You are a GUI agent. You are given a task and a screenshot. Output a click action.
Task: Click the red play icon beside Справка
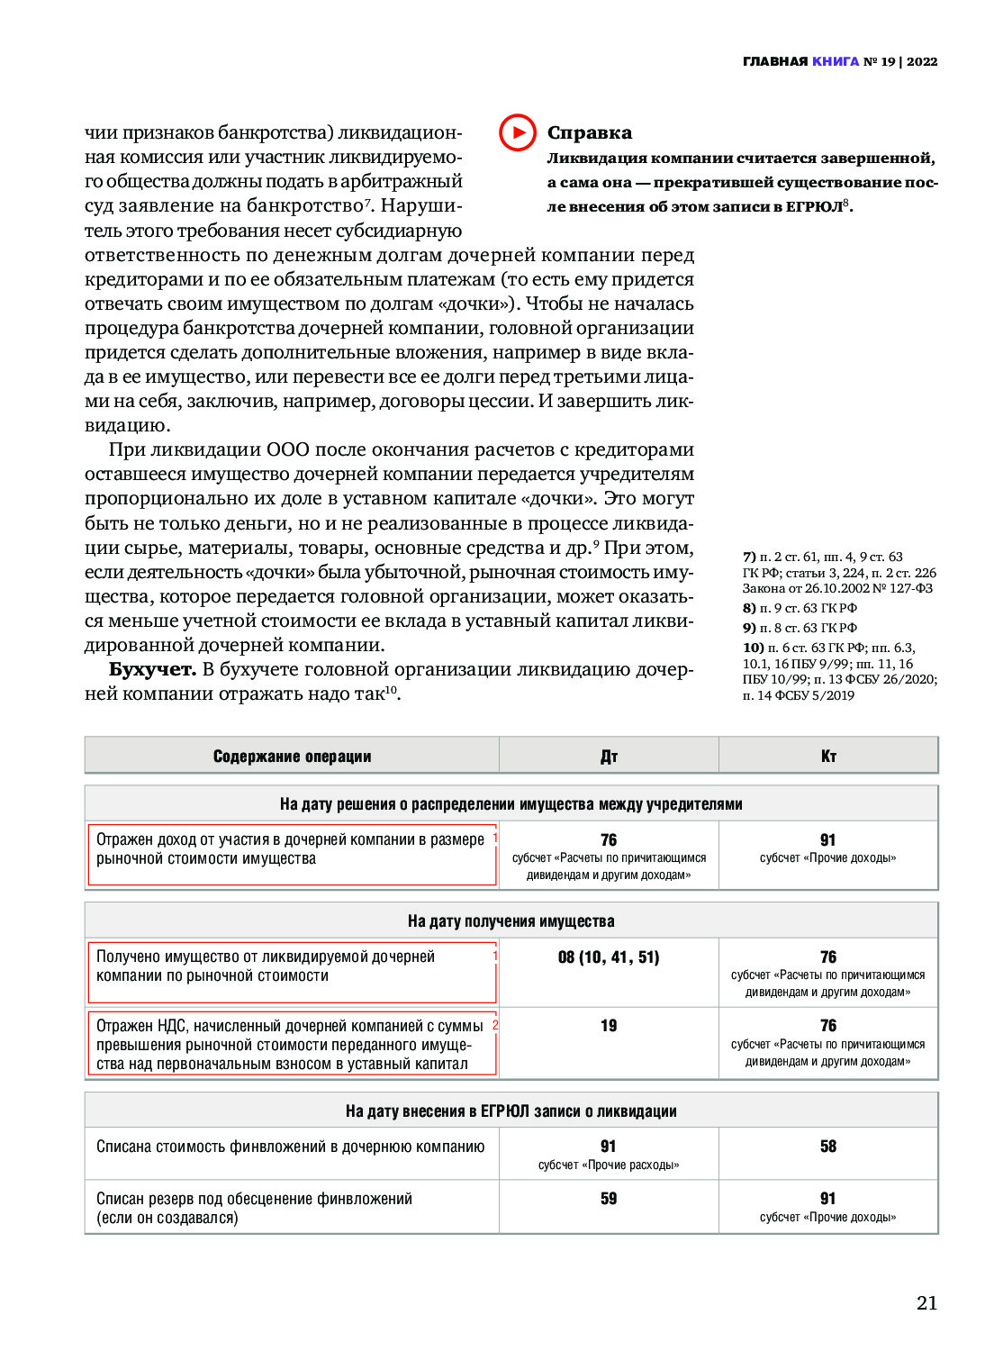(518, 132)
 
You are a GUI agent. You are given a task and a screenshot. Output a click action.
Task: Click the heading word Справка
(589, 133)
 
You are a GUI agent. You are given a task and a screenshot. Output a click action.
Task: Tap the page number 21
(926, 1302)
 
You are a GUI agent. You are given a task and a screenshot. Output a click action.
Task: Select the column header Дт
(609, 757)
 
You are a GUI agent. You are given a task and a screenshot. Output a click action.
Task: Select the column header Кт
(828, 757)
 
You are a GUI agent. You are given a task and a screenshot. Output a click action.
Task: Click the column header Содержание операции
(292, 757)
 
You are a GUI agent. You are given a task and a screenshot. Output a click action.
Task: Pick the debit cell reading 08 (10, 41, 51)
(609, 957)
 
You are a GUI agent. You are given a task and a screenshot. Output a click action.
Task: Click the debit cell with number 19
(609, 1026)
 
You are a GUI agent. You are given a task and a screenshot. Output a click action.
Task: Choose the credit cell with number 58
(828, 1147)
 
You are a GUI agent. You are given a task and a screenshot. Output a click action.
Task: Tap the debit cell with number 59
(609, 1199)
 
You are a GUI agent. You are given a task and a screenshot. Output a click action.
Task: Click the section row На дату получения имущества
(511, 921)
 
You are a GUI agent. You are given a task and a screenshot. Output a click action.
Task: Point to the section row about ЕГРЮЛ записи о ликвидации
(511, 1111)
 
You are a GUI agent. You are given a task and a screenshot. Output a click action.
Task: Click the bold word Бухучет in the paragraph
(152, 669)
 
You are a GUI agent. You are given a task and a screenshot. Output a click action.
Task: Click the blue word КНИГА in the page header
(835, 62)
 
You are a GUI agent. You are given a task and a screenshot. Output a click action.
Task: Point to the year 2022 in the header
(922, 62)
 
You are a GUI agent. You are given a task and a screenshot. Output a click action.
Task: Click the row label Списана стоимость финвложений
(290, 1147)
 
